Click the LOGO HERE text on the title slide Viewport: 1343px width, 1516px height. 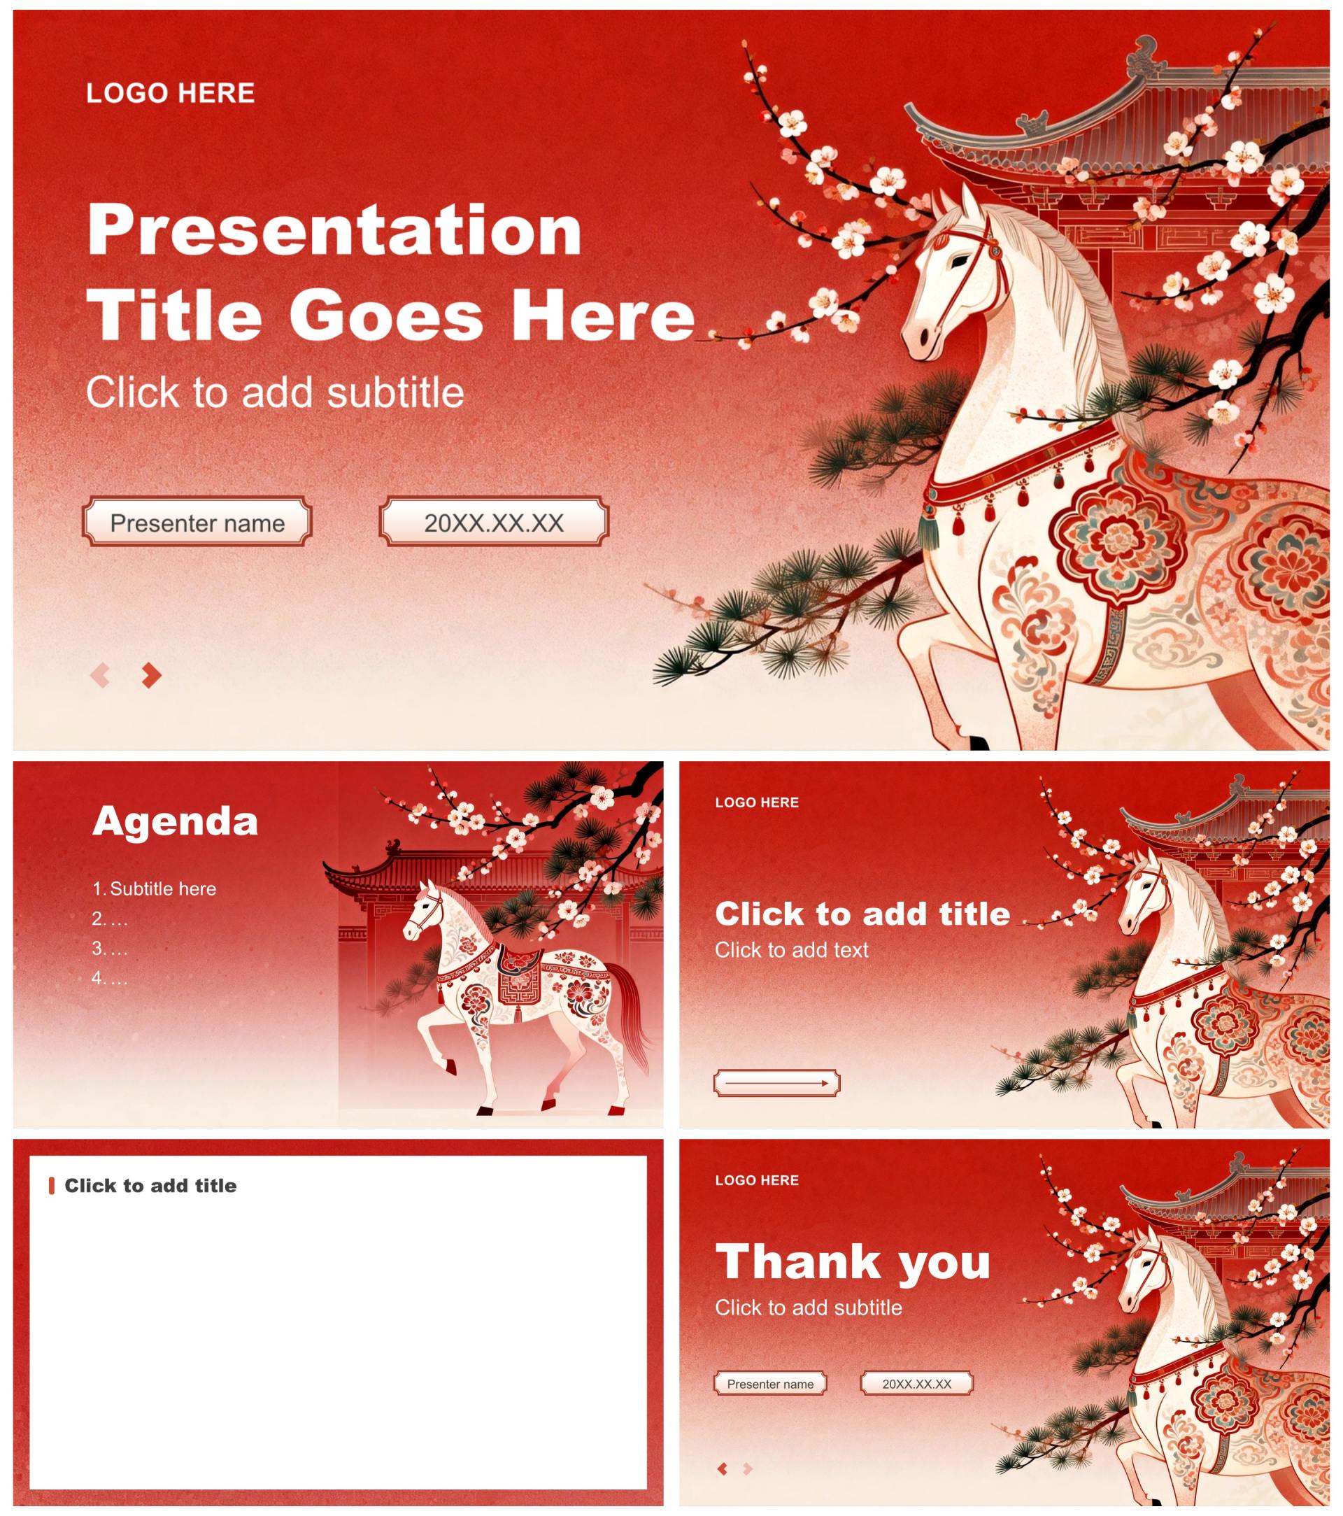click(171, 94)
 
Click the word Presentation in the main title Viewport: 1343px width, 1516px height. click(334, 231)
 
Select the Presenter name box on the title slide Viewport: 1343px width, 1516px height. click(197, 523)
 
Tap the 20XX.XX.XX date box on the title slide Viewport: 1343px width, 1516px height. click(494, 523)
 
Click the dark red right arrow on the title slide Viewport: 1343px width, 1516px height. click(152, 675)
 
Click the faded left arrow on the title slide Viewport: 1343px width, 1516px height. click(100, 675)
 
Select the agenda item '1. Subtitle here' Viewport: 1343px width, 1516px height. click(155, 888)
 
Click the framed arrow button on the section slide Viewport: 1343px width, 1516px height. click(776, 1084)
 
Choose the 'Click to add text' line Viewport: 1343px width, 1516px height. click(791, 950)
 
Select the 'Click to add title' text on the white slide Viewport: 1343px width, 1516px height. click(150, 1185)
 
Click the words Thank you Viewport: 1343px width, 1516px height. click(853, 1261)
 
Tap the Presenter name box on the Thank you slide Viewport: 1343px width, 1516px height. click(769, 1383)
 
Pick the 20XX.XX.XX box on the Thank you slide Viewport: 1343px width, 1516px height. click(916, 1383)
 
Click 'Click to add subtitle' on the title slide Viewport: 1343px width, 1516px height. click(275, 392)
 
